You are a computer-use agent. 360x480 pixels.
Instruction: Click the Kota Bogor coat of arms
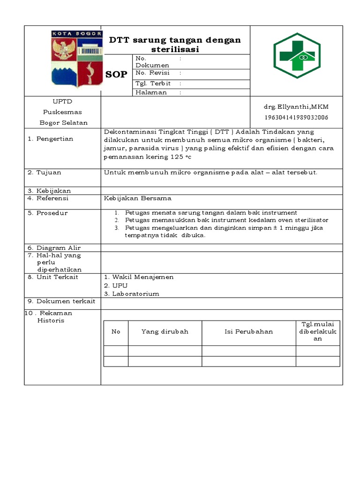click(76, 59)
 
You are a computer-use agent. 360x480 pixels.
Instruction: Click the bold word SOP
click(116, 75)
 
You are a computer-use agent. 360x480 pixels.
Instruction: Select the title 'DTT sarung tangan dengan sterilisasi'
click(175, 45)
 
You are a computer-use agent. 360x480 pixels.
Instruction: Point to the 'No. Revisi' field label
click(152, 73)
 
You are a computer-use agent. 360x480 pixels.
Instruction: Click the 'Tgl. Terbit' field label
click(153, 83)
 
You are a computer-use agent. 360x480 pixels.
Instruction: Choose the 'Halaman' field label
click(151, 92)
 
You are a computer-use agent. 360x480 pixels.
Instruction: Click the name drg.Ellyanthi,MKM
click(296, 107)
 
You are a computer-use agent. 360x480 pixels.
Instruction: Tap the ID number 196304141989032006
click(296, 117)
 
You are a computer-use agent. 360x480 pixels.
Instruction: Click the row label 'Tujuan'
click(49, 172)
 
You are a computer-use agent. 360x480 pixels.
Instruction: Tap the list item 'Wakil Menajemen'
click(142, 277)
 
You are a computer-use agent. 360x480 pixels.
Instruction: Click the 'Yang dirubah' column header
click(165, 331)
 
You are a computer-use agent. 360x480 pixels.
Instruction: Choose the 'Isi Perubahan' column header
click(248, 331)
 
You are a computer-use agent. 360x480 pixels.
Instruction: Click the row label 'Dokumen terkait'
click(66, 301)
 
